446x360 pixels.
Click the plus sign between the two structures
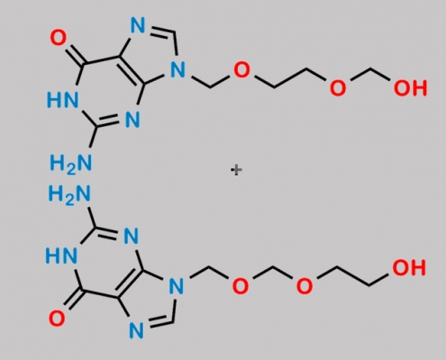click(236, 170)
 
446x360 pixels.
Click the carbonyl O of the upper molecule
click(59, 38)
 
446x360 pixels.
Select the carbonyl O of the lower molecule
click(57, 319)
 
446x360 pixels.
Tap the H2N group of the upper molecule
click(71, 164)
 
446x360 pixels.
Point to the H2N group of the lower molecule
click(69, 193)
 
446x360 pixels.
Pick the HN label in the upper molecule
click(62, 100)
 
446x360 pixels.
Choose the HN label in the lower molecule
click(61, 256)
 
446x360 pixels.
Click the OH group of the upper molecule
click(410, 88)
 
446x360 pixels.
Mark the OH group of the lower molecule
click(409, 267)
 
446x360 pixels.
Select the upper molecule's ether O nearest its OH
click(338, 88)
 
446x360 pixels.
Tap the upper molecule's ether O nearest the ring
click(241, 69)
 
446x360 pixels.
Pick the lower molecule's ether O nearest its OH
click(305, 285)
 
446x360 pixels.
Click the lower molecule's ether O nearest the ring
click(241, 285)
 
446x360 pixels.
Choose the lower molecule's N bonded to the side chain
click(177, 285)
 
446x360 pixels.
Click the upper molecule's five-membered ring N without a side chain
click(138, 25)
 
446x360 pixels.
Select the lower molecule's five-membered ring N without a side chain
click(136, 330)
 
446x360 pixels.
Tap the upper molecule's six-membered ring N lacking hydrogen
click(132, 120)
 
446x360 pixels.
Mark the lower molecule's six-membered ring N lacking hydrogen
click(132, 236)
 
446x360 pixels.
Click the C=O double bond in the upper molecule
click(73, 55)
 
